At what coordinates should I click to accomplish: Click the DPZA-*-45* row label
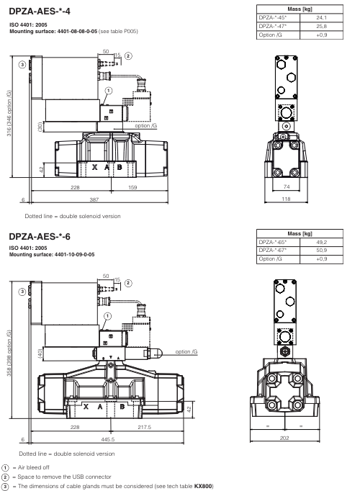[272, 18]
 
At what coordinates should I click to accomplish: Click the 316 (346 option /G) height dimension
[7, 117]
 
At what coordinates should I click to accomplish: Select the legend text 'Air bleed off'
[35, 468]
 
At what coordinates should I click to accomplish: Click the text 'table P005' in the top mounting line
[126, 32]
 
